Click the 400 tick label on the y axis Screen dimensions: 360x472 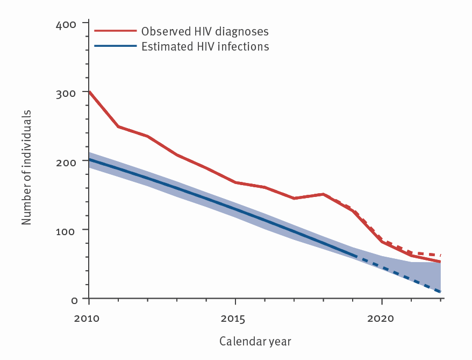coord(67,24)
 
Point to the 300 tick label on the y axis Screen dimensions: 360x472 coord(67,92)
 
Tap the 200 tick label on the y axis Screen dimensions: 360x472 coord(67,161)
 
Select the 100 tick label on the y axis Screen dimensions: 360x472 coord(67,230)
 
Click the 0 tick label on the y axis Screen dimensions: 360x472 coord(74,299)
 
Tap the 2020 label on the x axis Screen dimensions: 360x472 coord(381,319)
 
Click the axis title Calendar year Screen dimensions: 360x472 coord(255,342)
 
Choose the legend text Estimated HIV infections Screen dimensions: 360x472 coord(205,46)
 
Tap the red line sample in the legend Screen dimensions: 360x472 coord(115,31)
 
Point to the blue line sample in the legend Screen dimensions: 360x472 coord(115,47)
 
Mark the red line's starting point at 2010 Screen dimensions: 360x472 coord(89,91)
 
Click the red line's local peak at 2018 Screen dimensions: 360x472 coord(323,194)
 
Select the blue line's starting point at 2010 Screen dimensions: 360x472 coord(89,159)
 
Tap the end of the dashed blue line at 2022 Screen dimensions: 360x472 coord(440,292)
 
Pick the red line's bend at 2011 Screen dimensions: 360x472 coord(118,126)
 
